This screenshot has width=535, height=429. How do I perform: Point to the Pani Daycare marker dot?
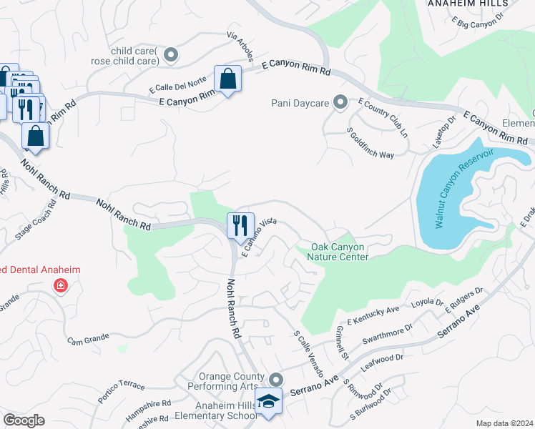pos(340,103)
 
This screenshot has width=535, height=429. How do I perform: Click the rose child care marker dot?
pos(170,54)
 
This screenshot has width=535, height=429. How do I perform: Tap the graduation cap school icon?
pos(269,403)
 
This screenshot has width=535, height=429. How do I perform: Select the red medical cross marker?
pos(62,286)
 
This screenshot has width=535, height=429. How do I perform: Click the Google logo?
pos(24,420)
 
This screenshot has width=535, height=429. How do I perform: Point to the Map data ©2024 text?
pos(505,423)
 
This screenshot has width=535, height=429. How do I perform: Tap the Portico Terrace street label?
pos(121,392)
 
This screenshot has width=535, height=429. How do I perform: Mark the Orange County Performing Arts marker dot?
pos(277,378)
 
